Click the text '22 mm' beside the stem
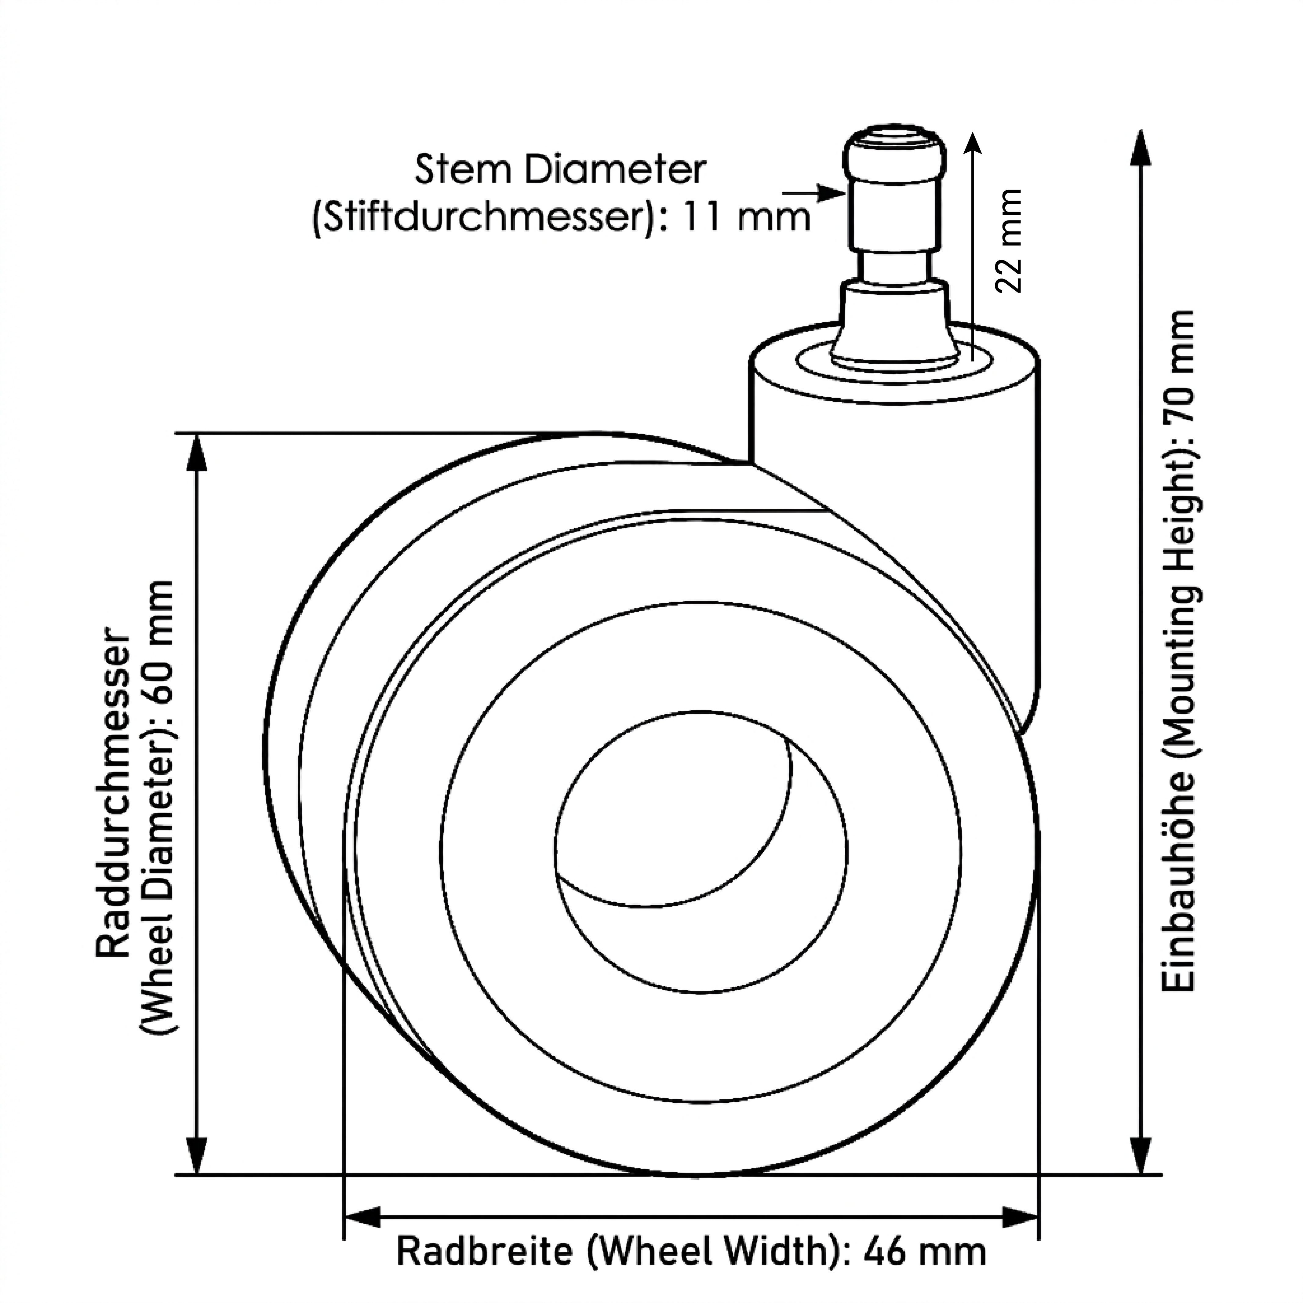(1010, 241)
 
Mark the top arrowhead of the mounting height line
(1140, 147)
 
